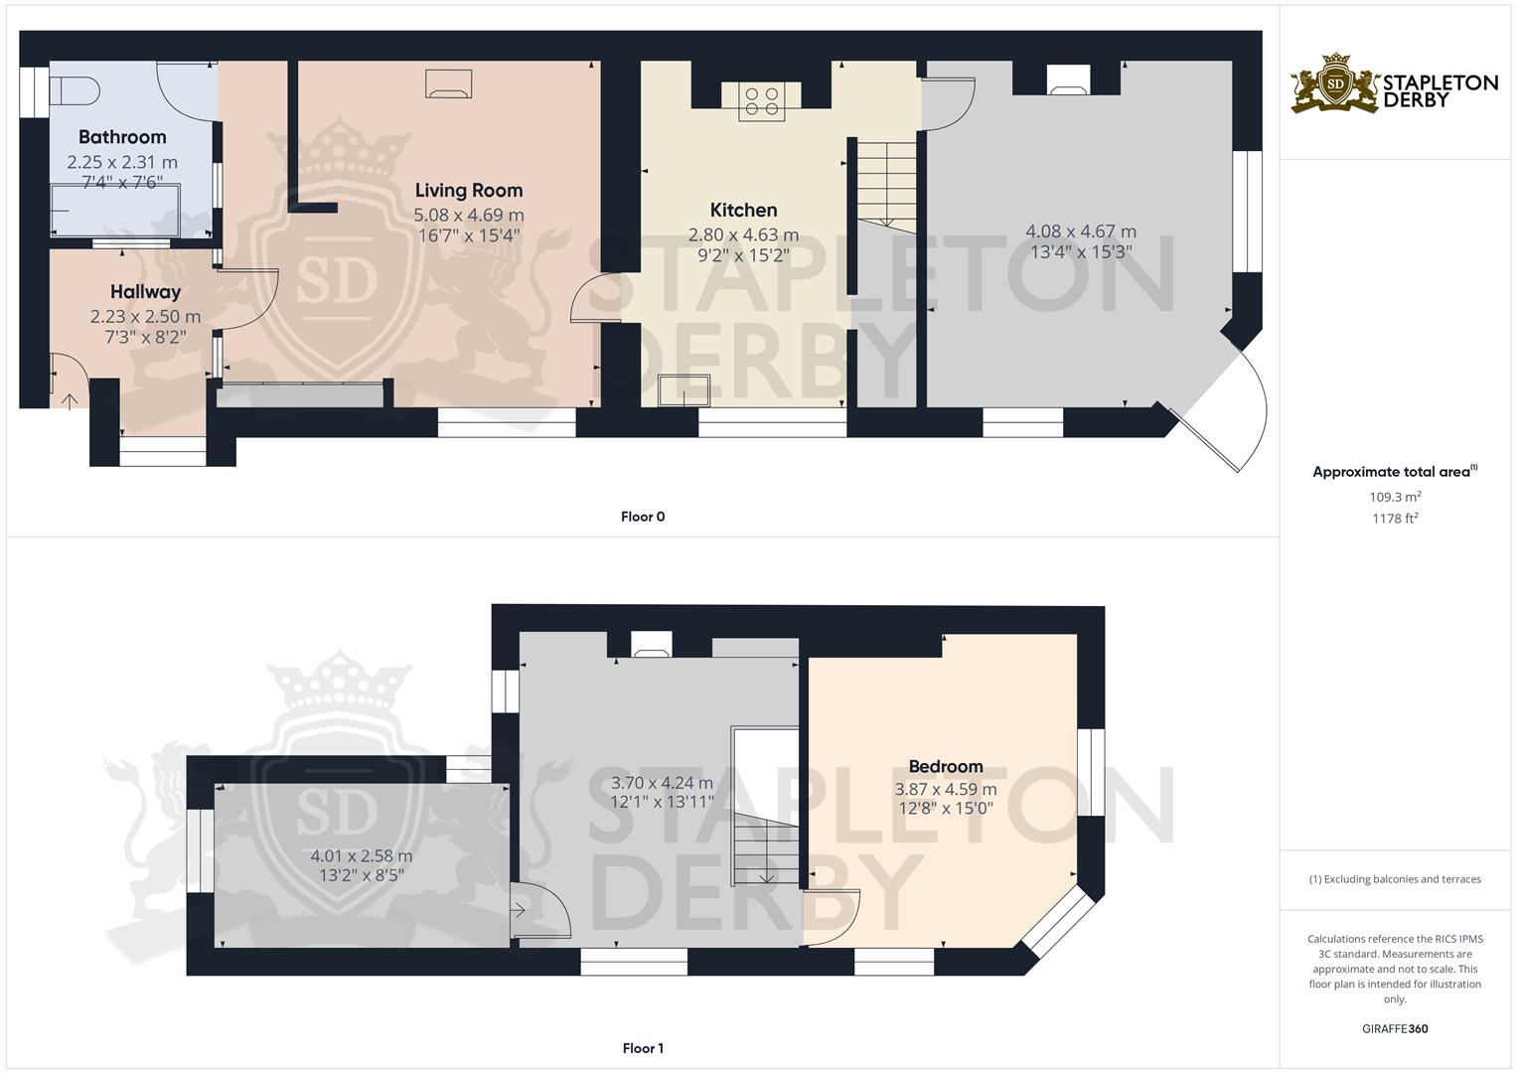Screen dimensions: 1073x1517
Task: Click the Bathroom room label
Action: [122, 137]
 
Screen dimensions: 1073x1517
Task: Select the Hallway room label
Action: [145, 292]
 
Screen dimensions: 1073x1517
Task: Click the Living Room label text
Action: [468, 190]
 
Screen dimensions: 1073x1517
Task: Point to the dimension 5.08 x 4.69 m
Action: [468, 215]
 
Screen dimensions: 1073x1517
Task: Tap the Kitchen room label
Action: [743, 210]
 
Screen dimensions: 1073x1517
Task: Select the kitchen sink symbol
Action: [684, 389]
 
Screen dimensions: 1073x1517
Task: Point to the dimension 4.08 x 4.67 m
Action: [1081, 231]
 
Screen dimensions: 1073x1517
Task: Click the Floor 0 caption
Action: [643, 517]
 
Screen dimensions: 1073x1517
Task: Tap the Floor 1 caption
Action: [643, 1048]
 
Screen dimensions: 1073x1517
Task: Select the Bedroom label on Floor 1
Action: [946, 766]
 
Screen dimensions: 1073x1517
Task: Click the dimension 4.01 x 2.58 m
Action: [362, 855]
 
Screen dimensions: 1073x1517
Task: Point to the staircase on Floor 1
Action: [766, 849]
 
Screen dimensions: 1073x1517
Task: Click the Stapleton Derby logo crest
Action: [1335, 83]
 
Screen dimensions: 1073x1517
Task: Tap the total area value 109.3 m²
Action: [1395, 497]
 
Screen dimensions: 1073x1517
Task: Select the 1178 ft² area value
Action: [1395, 519]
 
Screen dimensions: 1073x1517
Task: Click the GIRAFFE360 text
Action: [1395, 1029]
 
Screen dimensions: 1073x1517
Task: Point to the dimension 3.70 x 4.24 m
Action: [662, 783]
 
